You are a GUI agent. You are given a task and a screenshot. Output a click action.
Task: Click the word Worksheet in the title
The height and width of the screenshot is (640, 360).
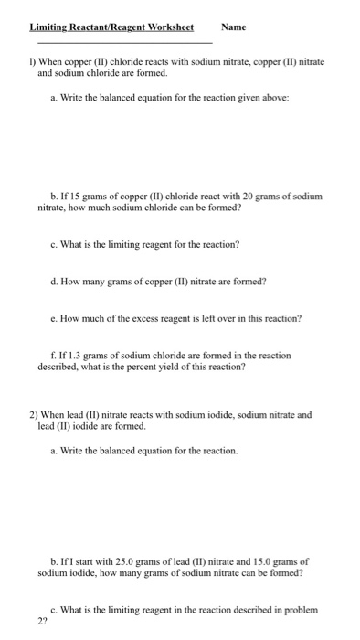click(x=168, y=27)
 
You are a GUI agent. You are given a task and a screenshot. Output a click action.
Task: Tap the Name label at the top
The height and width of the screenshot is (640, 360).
click(x=234, y=27)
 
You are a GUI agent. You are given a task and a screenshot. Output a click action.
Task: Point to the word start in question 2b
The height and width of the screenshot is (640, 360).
click(x=88, y=561)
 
